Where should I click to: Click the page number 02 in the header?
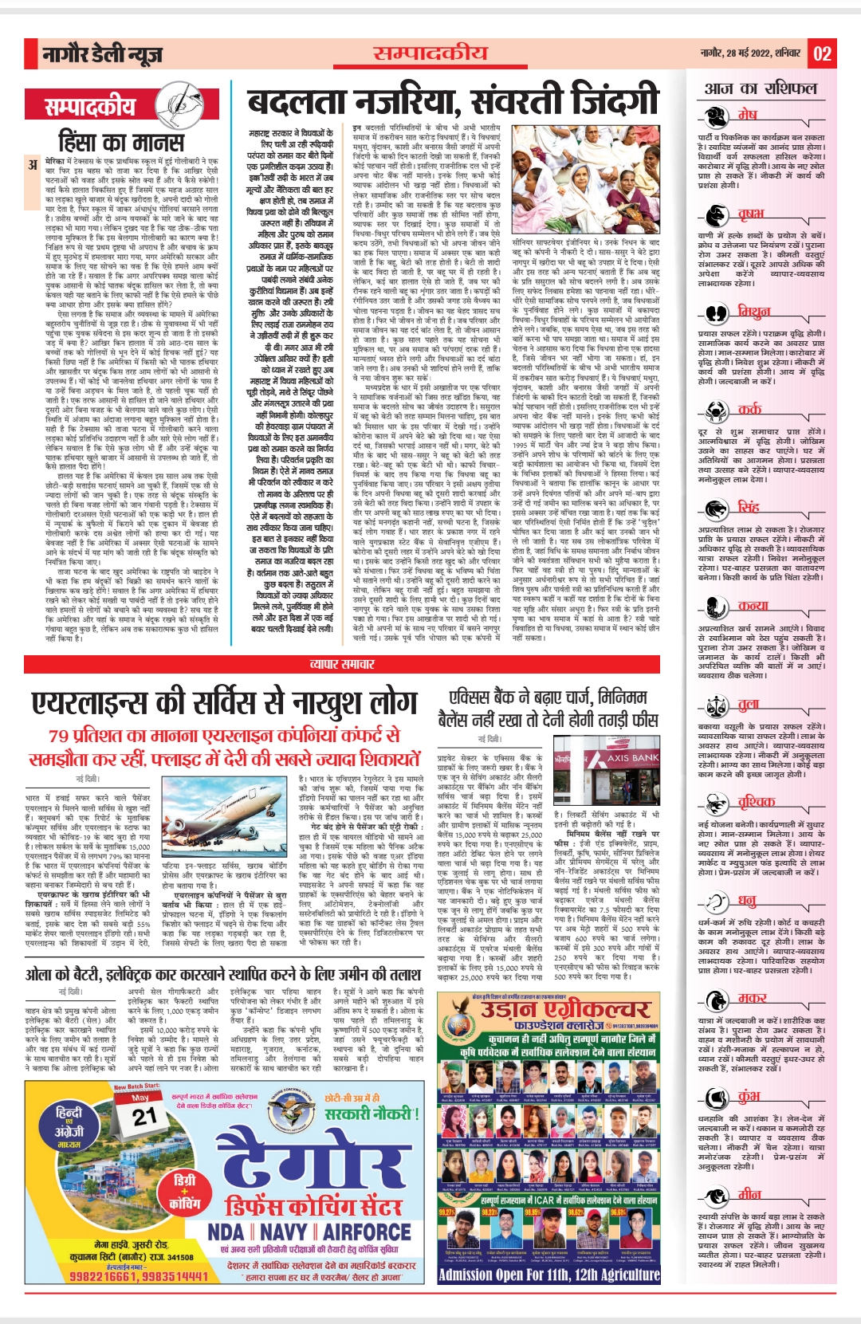822,54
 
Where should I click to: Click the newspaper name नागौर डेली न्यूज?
103,54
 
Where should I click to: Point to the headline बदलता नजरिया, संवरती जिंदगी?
453,101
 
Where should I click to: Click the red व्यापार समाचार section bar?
343,664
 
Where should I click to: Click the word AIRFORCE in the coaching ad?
367,1232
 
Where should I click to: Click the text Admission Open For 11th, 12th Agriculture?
548,1274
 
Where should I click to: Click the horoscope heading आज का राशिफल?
761,88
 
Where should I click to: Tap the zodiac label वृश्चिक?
756,801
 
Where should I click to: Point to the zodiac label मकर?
752,997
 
